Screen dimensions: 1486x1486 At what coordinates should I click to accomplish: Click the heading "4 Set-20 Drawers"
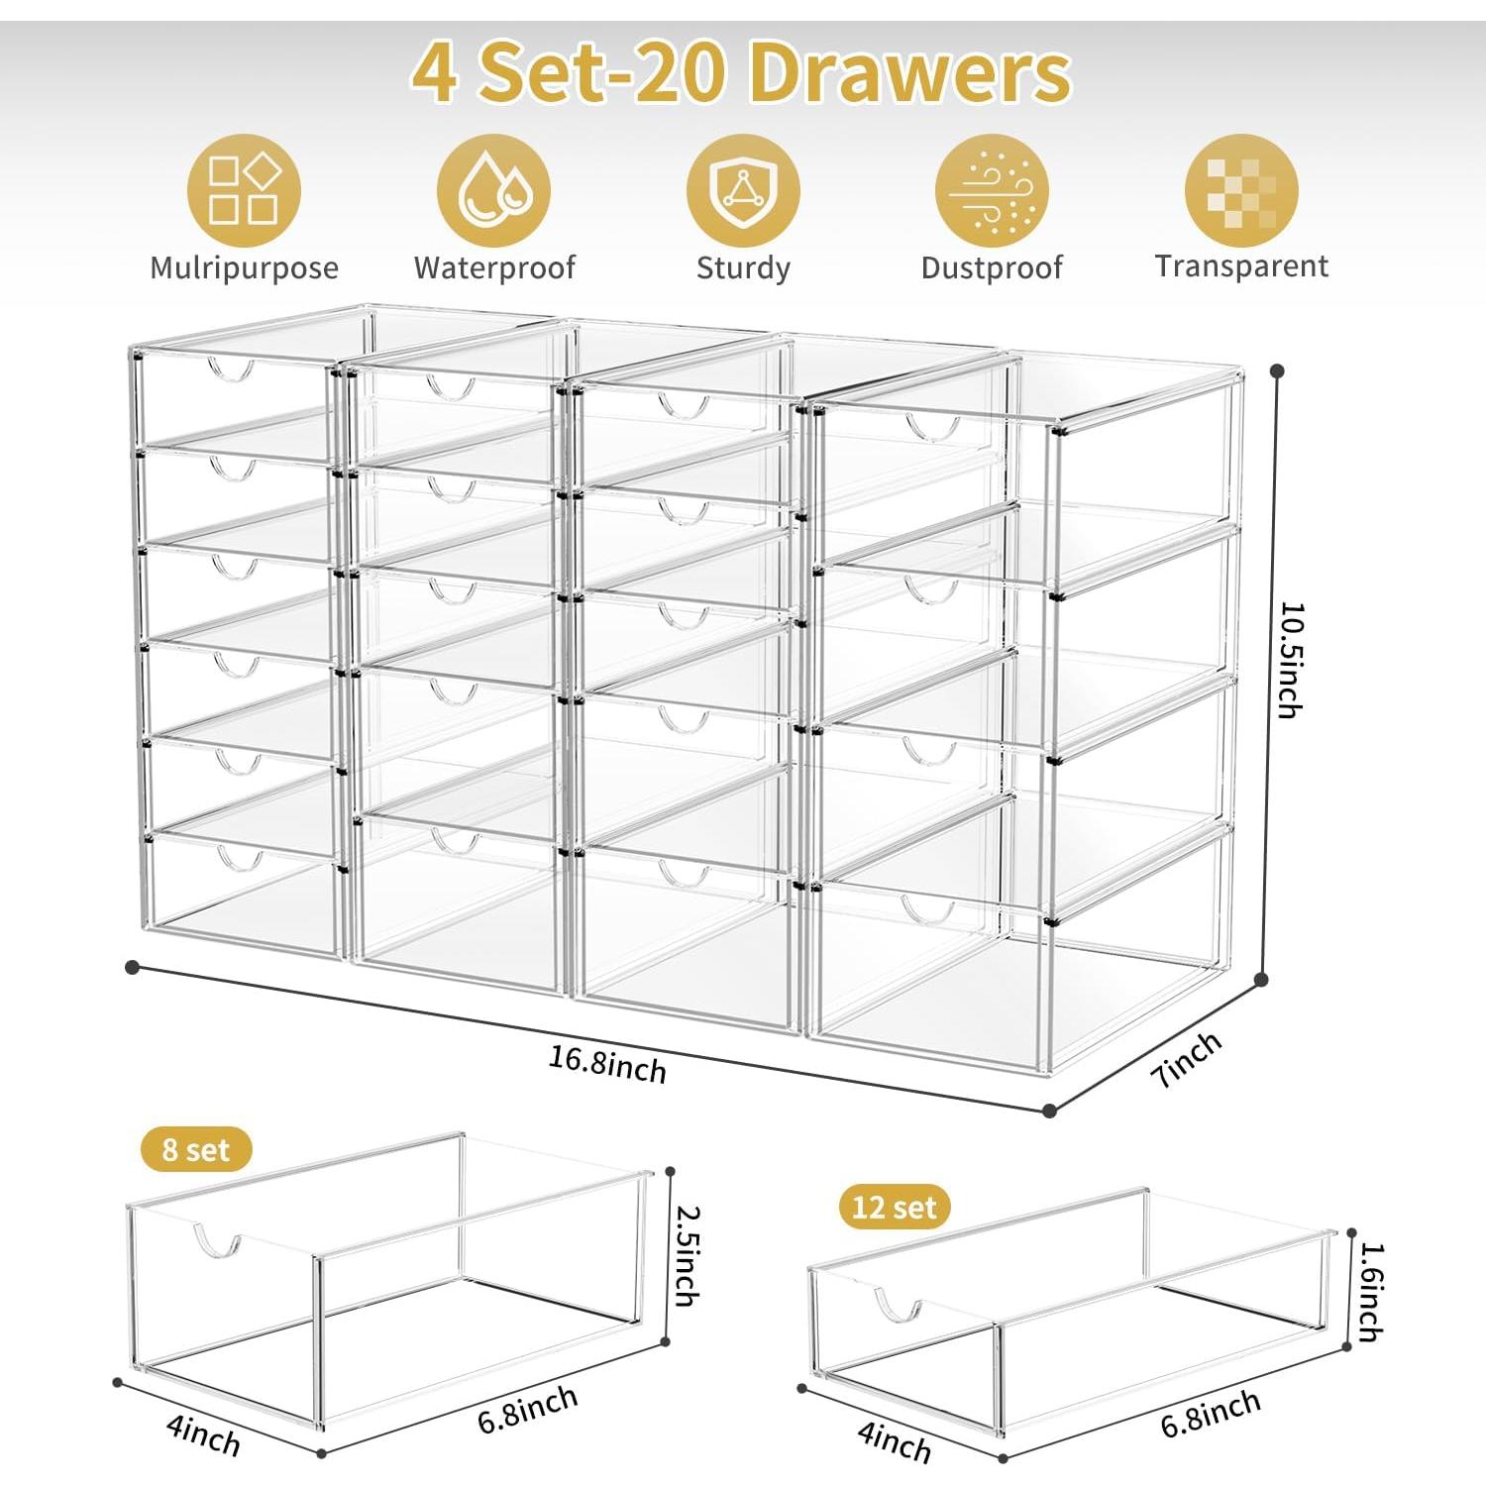741,73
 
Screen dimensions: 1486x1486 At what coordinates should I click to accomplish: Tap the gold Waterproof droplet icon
493,190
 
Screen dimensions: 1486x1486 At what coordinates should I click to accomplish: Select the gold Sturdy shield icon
743,190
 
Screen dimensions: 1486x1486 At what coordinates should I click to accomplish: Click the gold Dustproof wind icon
992,190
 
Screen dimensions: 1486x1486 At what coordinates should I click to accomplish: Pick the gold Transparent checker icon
1241,190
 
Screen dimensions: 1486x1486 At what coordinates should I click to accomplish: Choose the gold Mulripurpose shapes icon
244,190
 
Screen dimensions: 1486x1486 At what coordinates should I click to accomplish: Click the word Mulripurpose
244,267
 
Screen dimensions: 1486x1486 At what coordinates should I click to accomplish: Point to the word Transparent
1241,266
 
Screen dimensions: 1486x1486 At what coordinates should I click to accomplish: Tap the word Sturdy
743,267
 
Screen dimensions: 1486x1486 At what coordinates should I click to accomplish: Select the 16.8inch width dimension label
608,1064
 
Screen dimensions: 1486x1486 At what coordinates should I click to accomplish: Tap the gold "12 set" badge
894,1207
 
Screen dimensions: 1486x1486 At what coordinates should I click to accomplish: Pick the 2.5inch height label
688,1254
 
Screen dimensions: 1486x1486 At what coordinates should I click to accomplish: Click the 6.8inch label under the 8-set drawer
527,1409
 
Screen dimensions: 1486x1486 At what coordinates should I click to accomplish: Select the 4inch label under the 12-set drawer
895,1442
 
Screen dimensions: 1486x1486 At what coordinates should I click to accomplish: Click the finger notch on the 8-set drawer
217,1243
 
